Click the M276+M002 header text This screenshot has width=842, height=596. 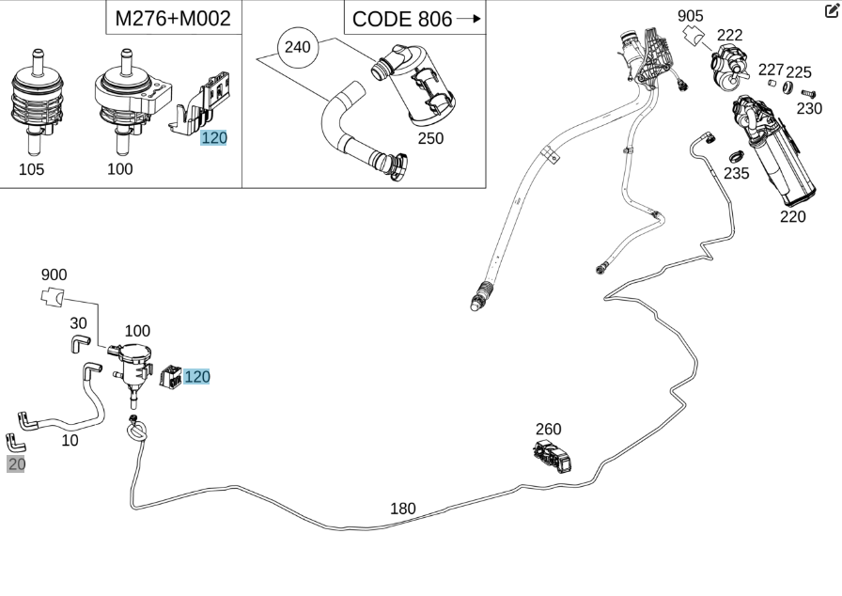click(x=172, y=18)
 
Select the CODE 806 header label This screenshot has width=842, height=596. click(x=402, y=19)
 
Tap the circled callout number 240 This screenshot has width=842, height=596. click(x=297, y=47)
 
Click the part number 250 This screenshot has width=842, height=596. click(x=430, y=138)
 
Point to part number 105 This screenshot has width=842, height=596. click(x=31, y=169)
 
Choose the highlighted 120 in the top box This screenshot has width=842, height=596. click(x=214, y=138)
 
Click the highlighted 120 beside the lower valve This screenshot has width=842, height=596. click(x=197, y=377)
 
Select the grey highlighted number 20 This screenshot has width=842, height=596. click(x=16, y=463)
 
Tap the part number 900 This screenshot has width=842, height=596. click(x=54, y=274)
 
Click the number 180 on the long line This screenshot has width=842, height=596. click(x=402, y=509)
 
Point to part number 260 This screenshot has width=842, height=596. click(x=549, y=430)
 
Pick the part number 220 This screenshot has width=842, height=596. click(x=793, y=216)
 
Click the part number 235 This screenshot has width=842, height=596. click(x=737, y=173)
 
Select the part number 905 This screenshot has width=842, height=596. click(x=690, y=15)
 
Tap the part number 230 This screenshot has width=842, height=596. click(x=809, y=108)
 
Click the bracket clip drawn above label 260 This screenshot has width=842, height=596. click(x=553, y=456)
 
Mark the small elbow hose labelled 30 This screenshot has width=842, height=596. click(x=79, y=344)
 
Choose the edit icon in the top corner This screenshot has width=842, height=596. click(x=831, y=11)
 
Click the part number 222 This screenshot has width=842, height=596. click(x=730, y=35)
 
